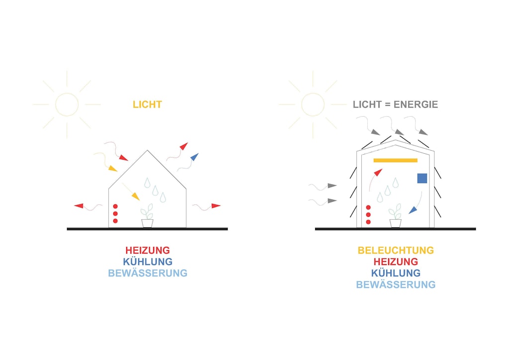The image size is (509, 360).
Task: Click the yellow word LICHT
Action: (x=147, y=105)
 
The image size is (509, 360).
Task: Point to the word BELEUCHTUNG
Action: (x=396, y=250)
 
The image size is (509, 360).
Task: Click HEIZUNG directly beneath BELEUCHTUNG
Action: (x=396, y=262)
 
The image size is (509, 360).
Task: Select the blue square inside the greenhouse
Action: (x=422, y=179)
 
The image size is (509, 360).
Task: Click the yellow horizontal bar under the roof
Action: (x=395, y=160)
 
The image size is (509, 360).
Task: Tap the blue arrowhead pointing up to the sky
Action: (x=194, y=157)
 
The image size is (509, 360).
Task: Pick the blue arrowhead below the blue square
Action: (x=413, y=211)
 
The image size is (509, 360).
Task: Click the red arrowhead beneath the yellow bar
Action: (x=378, y=173)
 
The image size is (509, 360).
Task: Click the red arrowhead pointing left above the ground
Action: (x=79, y=205)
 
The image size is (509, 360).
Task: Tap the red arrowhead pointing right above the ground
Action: (x=215, y=205)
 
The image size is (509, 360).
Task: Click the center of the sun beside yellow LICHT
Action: (x=67, y=104)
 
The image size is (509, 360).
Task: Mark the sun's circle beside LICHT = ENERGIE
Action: (x=313, y=104)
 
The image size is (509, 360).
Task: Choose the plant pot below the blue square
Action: (x=395, y=223)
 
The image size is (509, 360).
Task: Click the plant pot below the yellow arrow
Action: (x=147, y=223)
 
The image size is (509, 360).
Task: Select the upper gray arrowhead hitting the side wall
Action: (x=332, y=186)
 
